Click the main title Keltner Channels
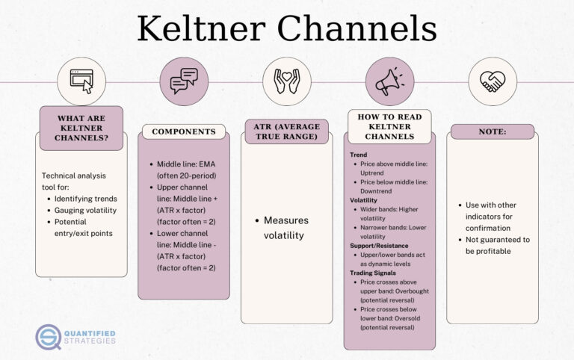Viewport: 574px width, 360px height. (x=286, y=29)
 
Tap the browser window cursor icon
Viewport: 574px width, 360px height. (x=81, y=81)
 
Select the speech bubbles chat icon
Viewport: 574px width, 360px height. (x=184, y=81)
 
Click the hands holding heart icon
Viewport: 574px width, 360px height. (x=286, y=81)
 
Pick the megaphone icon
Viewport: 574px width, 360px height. (x=389, y=81)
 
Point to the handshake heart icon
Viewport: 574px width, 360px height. (x=492, y=81)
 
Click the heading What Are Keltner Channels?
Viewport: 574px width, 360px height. (x=81, y=128)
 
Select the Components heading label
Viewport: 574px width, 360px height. (x=184, y=131)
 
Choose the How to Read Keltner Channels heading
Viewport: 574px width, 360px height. (x=389, y=127)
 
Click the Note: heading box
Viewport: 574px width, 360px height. (x=492, y=131)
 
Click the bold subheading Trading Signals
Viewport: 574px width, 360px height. (x=374, y=273)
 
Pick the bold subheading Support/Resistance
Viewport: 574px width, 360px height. (x=380, y=245)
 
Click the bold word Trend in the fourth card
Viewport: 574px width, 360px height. (x=359, y=155)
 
